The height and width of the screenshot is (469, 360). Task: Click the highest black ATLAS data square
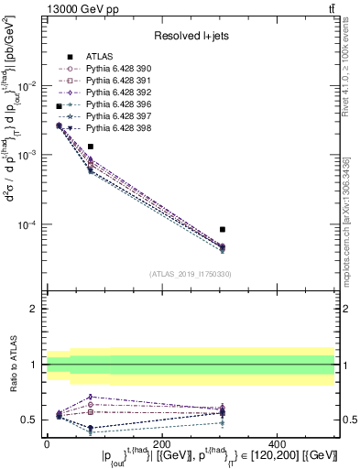click(x=59, y=107)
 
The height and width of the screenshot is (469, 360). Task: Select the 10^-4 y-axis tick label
click(x=27, y=225)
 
